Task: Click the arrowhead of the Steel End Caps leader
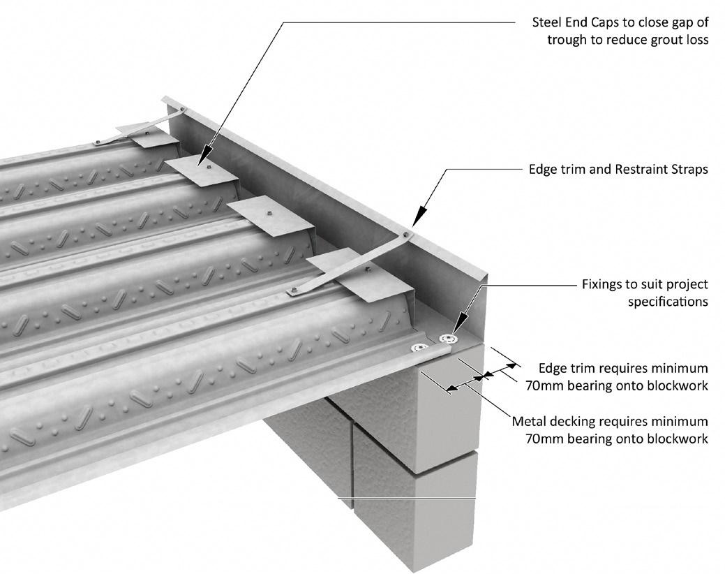tap(207, 161)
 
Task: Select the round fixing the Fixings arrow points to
tap(445, 339)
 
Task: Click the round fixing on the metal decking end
tap(418, 348)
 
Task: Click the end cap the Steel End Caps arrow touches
tap(202, 170)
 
